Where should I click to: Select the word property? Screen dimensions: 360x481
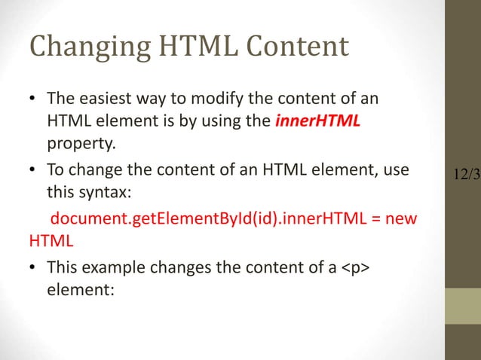(x=75, y=142)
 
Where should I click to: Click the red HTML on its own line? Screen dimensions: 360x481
(x=51, y=243)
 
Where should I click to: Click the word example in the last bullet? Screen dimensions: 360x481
(x=106, y=267)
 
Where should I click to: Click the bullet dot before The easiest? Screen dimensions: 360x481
(x=34, y=101)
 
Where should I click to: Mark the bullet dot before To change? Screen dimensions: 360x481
(x=34, y=173)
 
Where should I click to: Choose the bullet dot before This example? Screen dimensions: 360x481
(x=34, y=267)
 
